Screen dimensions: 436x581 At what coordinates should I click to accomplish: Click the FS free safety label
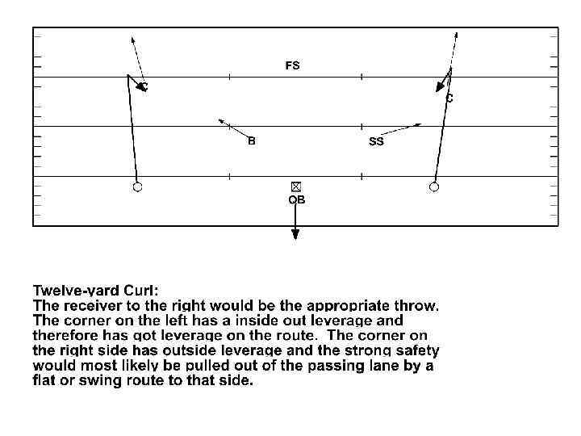pyautogui.click(x=292, y=66)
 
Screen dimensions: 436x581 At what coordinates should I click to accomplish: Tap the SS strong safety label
pyautogui.click(x=376, y=142)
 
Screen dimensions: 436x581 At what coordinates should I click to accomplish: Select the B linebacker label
pyautogui.click(x=252, y=141)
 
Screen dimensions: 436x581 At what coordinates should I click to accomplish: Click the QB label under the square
pyautogui.click(x=297, y=199)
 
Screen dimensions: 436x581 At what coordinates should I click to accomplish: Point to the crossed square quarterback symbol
pyautogui.click(x=296, y=187)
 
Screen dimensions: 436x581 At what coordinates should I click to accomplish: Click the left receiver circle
pyautogui.click(x=137, y=187)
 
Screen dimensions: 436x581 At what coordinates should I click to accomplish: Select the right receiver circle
pyautogui.click(x=434, y=187)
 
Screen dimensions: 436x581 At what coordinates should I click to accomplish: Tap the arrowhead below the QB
pyautogui.click(x=296, y=234)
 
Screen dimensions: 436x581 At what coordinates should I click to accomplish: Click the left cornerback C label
pyautogui.click(x=144, y=86)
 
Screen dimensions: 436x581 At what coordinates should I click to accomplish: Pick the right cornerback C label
pyautogui.click(x=449, y=99)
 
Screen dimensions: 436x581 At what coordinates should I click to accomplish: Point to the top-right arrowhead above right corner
pyautogui.click(x=457, y=36)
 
